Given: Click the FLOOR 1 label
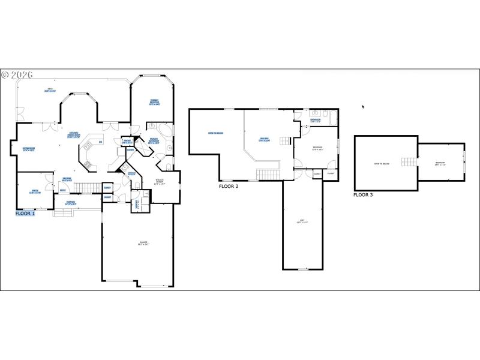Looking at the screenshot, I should click(x=25, y=213).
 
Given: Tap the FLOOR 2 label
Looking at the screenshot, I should click(x=229, y=187).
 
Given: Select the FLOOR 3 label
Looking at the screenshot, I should click(x=363, y=195).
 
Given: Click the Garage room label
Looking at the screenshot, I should click(x=143, y=243).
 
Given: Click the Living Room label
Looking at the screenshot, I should click(x=29, y=149).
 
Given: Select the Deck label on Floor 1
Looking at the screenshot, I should click(x=50, y=91).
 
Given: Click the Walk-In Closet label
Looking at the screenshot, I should click(x=160, y=182).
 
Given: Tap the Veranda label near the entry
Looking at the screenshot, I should click(x=71, y=203).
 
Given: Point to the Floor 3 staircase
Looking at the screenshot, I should click(x=409, y=162).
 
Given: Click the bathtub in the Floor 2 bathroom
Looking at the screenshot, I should click(x=328, y=114).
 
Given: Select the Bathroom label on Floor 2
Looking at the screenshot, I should click(x=315, y=121).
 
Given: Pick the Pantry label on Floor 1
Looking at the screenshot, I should click(x=127, y=142).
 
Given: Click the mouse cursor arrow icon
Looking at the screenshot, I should click(x=362, y=107).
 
